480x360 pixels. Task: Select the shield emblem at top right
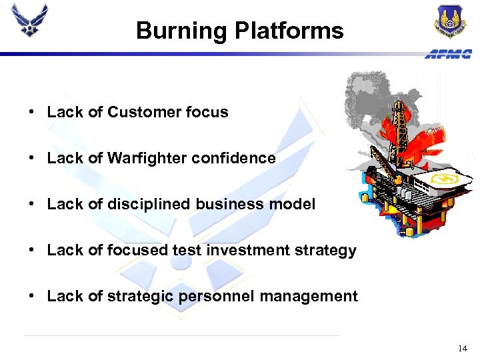450,21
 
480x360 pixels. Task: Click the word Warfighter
143,158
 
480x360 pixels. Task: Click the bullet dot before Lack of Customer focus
32,112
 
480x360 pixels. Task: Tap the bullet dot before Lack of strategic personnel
32,296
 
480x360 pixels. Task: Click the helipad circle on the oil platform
443,179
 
